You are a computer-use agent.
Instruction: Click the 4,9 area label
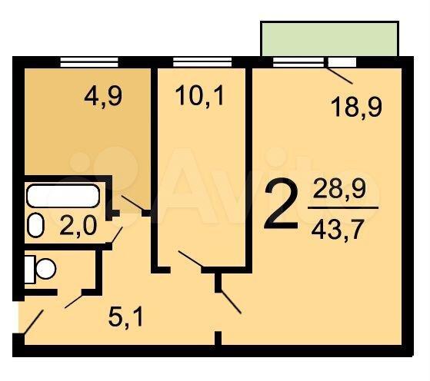(103, 98)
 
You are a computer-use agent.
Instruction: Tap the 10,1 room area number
(200, 95)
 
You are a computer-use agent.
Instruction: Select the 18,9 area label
(356, 107)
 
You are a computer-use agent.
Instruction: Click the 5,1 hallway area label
(125, 318)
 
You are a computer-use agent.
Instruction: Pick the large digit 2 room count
(281, 204)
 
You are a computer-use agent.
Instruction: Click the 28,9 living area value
(339, 189)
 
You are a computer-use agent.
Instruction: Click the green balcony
(329, 38)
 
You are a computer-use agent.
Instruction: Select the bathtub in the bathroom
(63, 196)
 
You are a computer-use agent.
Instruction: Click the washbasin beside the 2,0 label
(36, 225)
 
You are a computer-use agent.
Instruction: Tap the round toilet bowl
(46, 269)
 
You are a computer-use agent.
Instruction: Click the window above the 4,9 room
(89, 62)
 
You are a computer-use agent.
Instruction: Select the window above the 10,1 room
(202, 62)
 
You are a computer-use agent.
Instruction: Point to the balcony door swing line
(340, 75)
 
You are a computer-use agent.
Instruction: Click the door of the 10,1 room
(191, 259)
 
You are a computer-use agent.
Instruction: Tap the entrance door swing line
(34, 322)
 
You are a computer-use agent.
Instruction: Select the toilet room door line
(74, 301)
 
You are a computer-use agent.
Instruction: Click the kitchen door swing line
(132, 204)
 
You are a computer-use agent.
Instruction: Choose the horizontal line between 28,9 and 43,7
(343, 208)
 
